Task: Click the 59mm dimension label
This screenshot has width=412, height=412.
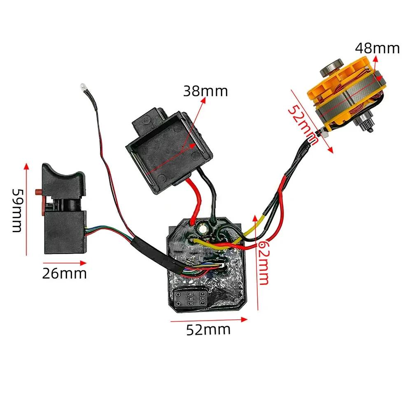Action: [x=17, y=210]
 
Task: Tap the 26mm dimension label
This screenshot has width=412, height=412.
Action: [x=64, y=273]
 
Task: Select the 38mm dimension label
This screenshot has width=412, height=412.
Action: [x=205, y=91]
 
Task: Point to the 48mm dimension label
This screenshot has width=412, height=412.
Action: [x=377, y=48]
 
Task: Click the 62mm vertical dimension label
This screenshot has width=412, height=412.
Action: [x=264, y=264]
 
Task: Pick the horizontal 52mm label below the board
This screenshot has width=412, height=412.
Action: [x=208, y=330]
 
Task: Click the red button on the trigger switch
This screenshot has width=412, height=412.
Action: [x=37, y=192]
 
